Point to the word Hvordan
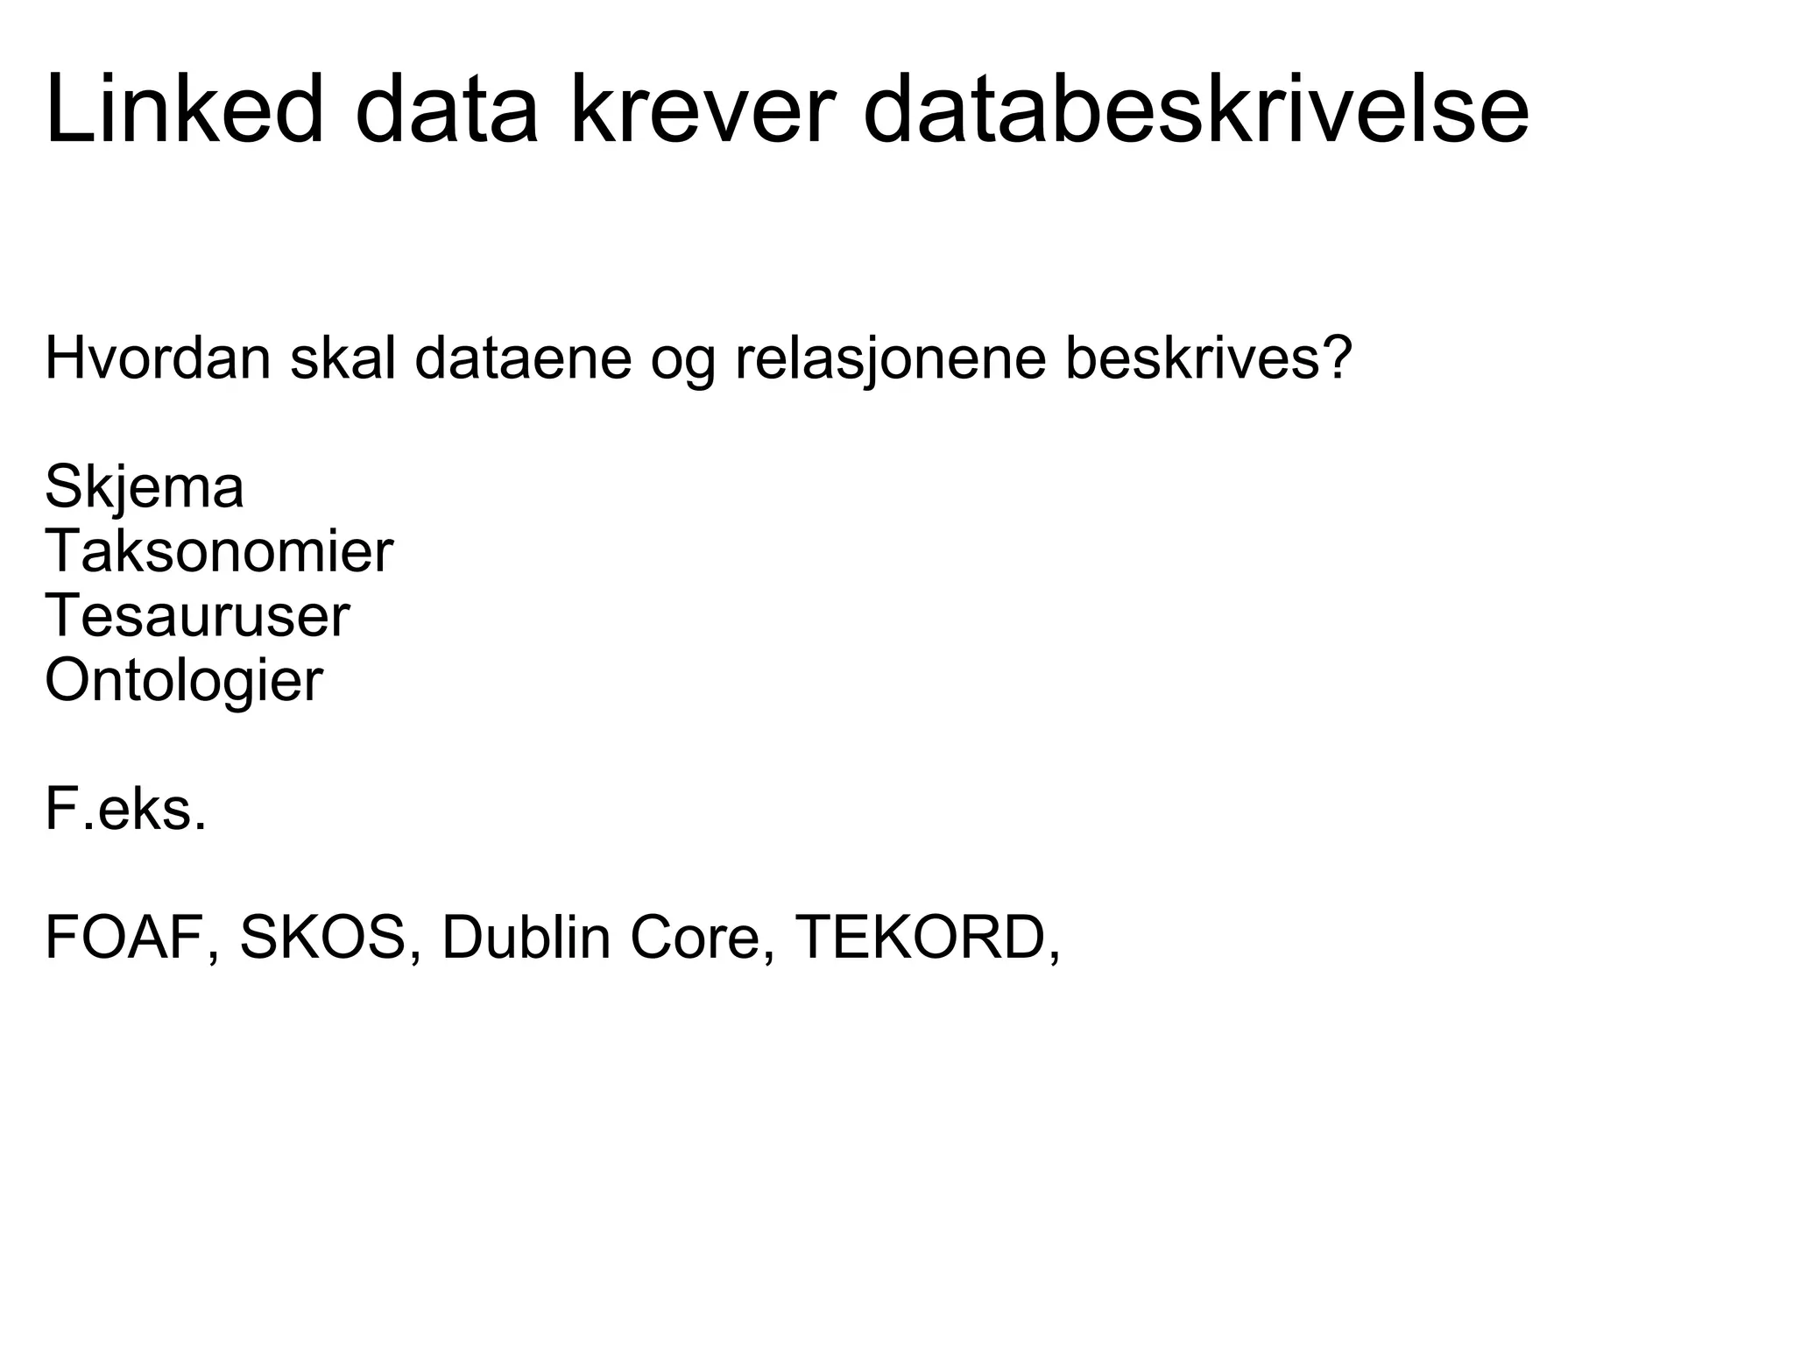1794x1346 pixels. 158,358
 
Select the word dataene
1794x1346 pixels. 523,358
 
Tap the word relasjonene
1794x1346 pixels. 890,358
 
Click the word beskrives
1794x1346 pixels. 1190,358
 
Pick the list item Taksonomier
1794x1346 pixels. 219,552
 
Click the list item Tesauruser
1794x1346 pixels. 197,616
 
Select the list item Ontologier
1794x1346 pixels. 184,681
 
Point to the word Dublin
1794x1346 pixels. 526,938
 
